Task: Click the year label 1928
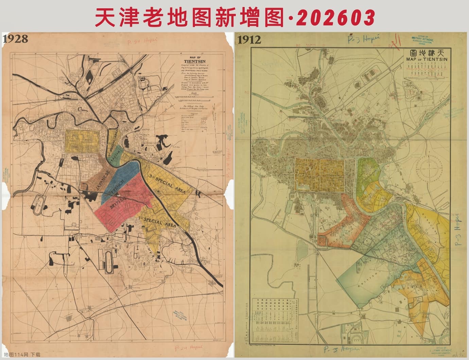tap(15, 39)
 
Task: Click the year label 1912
tap(249, 40)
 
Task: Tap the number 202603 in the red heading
tap(335, 17)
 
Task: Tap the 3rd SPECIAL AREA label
tap(167, 184)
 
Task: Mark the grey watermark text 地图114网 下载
tap(22, 355)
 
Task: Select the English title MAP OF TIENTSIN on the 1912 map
tap(427, 59)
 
